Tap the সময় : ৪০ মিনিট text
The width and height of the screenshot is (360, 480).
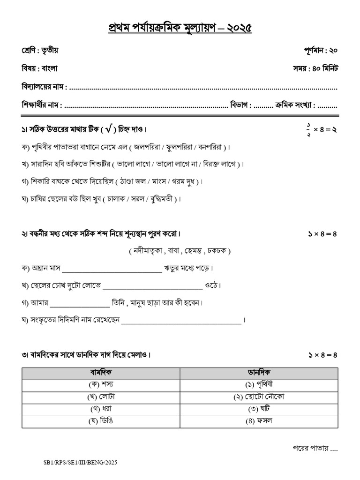[315, 68]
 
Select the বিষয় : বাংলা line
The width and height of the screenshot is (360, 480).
[39, 68]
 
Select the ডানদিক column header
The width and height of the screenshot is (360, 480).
[259, 374]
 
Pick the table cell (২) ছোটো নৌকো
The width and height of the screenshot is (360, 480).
[259, 397]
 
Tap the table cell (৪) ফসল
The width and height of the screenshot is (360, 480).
[259, 420]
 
